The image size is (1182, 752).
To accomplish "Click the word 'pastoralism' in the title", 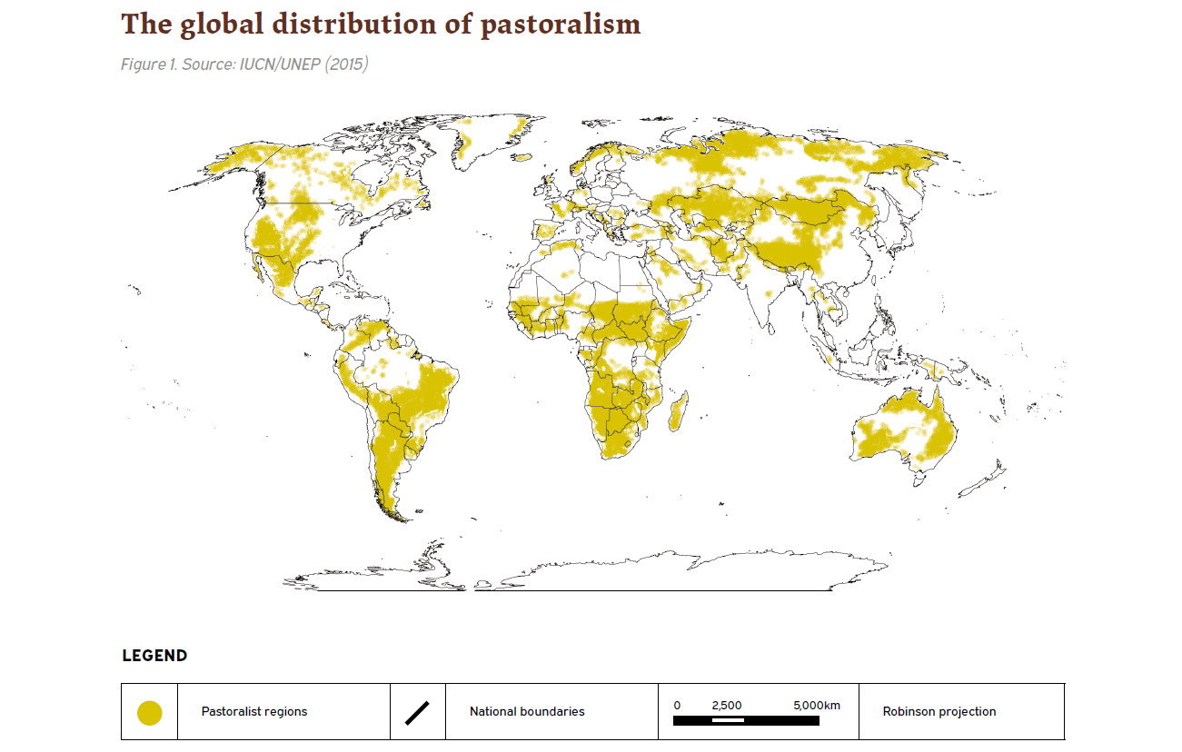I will [x=561, y=25].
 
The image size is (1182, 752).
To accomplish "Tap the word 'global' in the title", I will [x=220, y=25].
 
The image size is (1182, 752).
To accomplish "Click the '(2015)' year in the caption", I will [x=345, y=65].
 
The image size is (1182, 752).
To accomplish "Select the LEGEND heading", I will [x=154, y=656].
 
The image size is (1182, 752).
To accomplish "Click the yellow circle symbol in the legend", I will [x=149, y=713].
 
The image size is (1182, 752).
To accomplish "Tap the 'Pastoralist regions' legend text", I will [x=254, y=712].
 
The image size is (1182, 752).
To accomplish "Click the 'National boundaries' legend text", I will [x=527, y=712].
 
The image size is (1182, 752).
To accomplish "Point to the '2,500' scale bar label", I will [x=727, y=706].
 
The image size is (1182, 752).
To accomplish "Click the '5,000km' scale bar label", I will [x=817, y=706].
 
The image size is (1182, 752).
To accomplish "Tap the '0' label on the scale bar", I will [x=677, y=706].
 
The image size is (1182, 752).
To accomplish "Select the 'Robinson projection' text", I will [x=939, y=712].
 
